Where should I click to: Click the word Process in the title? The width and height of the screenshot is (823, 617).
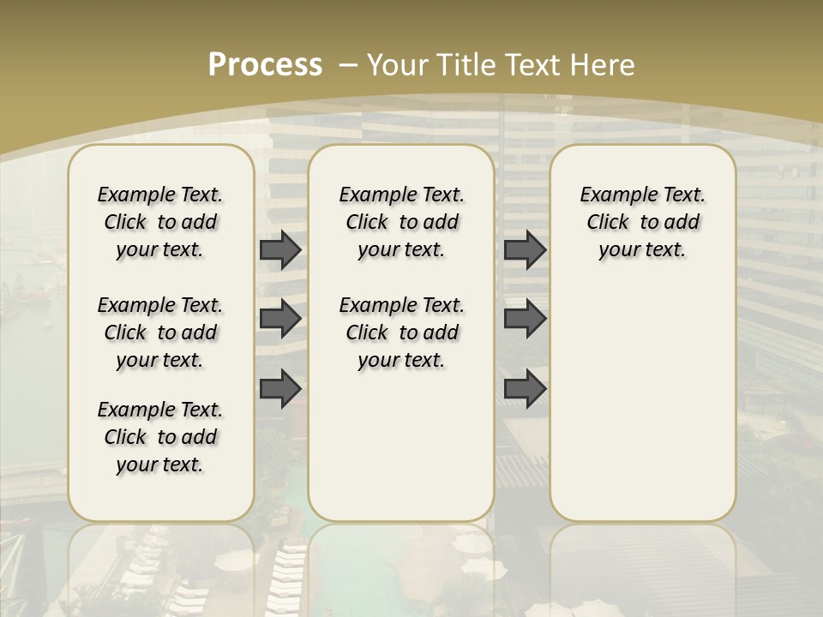(265, 64)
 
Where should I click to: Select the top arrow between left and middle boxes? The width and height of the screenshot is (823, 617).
(280, 249)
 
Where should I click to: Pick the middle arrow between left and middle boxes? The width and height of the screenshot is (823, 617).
(280, 319)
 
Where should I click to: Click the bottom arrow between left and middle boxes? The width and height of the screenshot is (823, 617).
(280, 388)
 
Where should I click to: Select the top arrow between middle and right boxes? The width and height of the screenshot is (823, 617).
(525, 249)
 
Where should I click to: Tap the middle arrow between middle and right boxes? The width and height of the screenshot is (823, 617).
(525, 319)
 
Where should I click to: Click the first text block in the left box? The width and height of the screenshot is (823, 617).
(160, 222)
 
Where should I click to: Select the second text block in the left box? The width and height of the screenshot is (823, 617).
(160, 332)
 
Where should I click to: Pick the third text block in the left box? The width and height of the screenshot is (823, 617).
(160, 437)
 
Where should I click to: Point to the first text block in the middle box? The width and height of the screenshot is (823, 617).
(401, 222)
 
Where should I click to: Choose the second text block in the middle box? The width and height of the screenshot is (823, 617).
(401, 332)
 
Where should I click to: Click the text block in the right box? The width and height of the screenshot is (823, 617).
(642, 222)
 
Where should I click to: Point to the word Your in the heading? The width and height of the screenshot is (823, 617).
(397, 64)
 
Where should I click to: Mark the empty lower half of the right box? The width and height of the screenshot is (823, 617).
(642, 411)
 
